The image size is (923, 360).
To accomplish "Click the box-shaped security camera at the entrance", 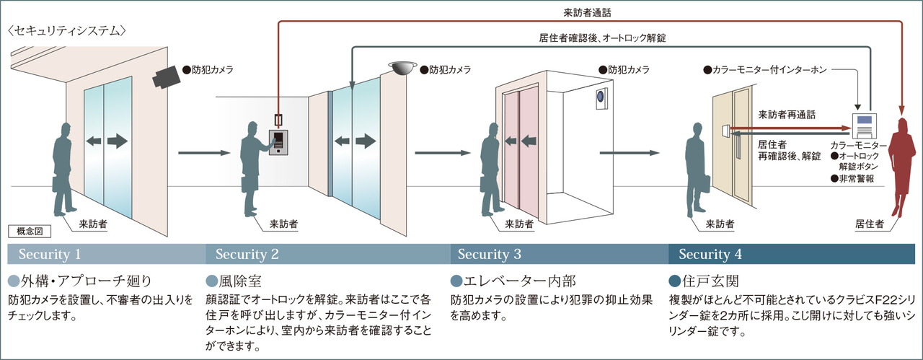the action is (167, 77).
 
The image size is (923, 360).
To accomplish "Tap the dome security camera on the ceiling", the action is (402, 68).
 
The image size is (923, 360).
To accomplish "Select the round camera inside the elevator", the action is (601, 97).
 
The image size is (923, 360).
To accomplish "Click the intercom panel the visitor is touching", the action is (278, 142).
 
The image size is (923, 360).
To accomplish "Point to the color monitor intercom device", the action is (865, 126).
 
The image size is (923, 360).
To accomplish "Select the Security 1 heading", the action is (50, 254).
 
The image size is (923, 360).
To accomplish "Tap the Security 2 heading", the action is (247, 254).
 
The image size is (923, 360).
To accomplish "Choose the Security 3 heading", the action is (489, 254).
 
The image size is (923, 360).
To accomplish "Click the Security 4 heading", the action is (710, 254).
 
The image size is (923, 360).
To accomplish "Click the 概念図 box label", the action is (30, 232).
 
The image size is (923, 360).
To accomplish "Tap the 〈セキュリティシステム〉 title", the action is (67, 31).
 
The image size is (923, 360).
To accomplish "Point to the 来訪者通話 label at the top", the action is (587, 13).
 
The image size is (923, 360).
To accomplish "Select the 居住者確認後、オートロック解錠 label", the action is (602, 38).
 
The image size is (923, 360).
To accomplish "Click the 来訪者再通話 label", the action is (787, 115).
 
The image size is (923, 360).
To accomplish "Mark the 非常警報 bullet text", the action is (852, 178).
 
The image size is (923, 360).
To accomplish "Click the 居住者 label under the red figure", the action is (870, 224).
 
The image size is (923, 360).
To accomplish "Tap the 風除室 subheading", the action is (234, 281).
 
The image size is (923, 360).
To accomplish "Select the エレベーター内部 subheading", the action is (513, 281).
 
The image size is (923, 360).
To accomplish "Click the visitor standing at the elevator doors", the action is (491, 169).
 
